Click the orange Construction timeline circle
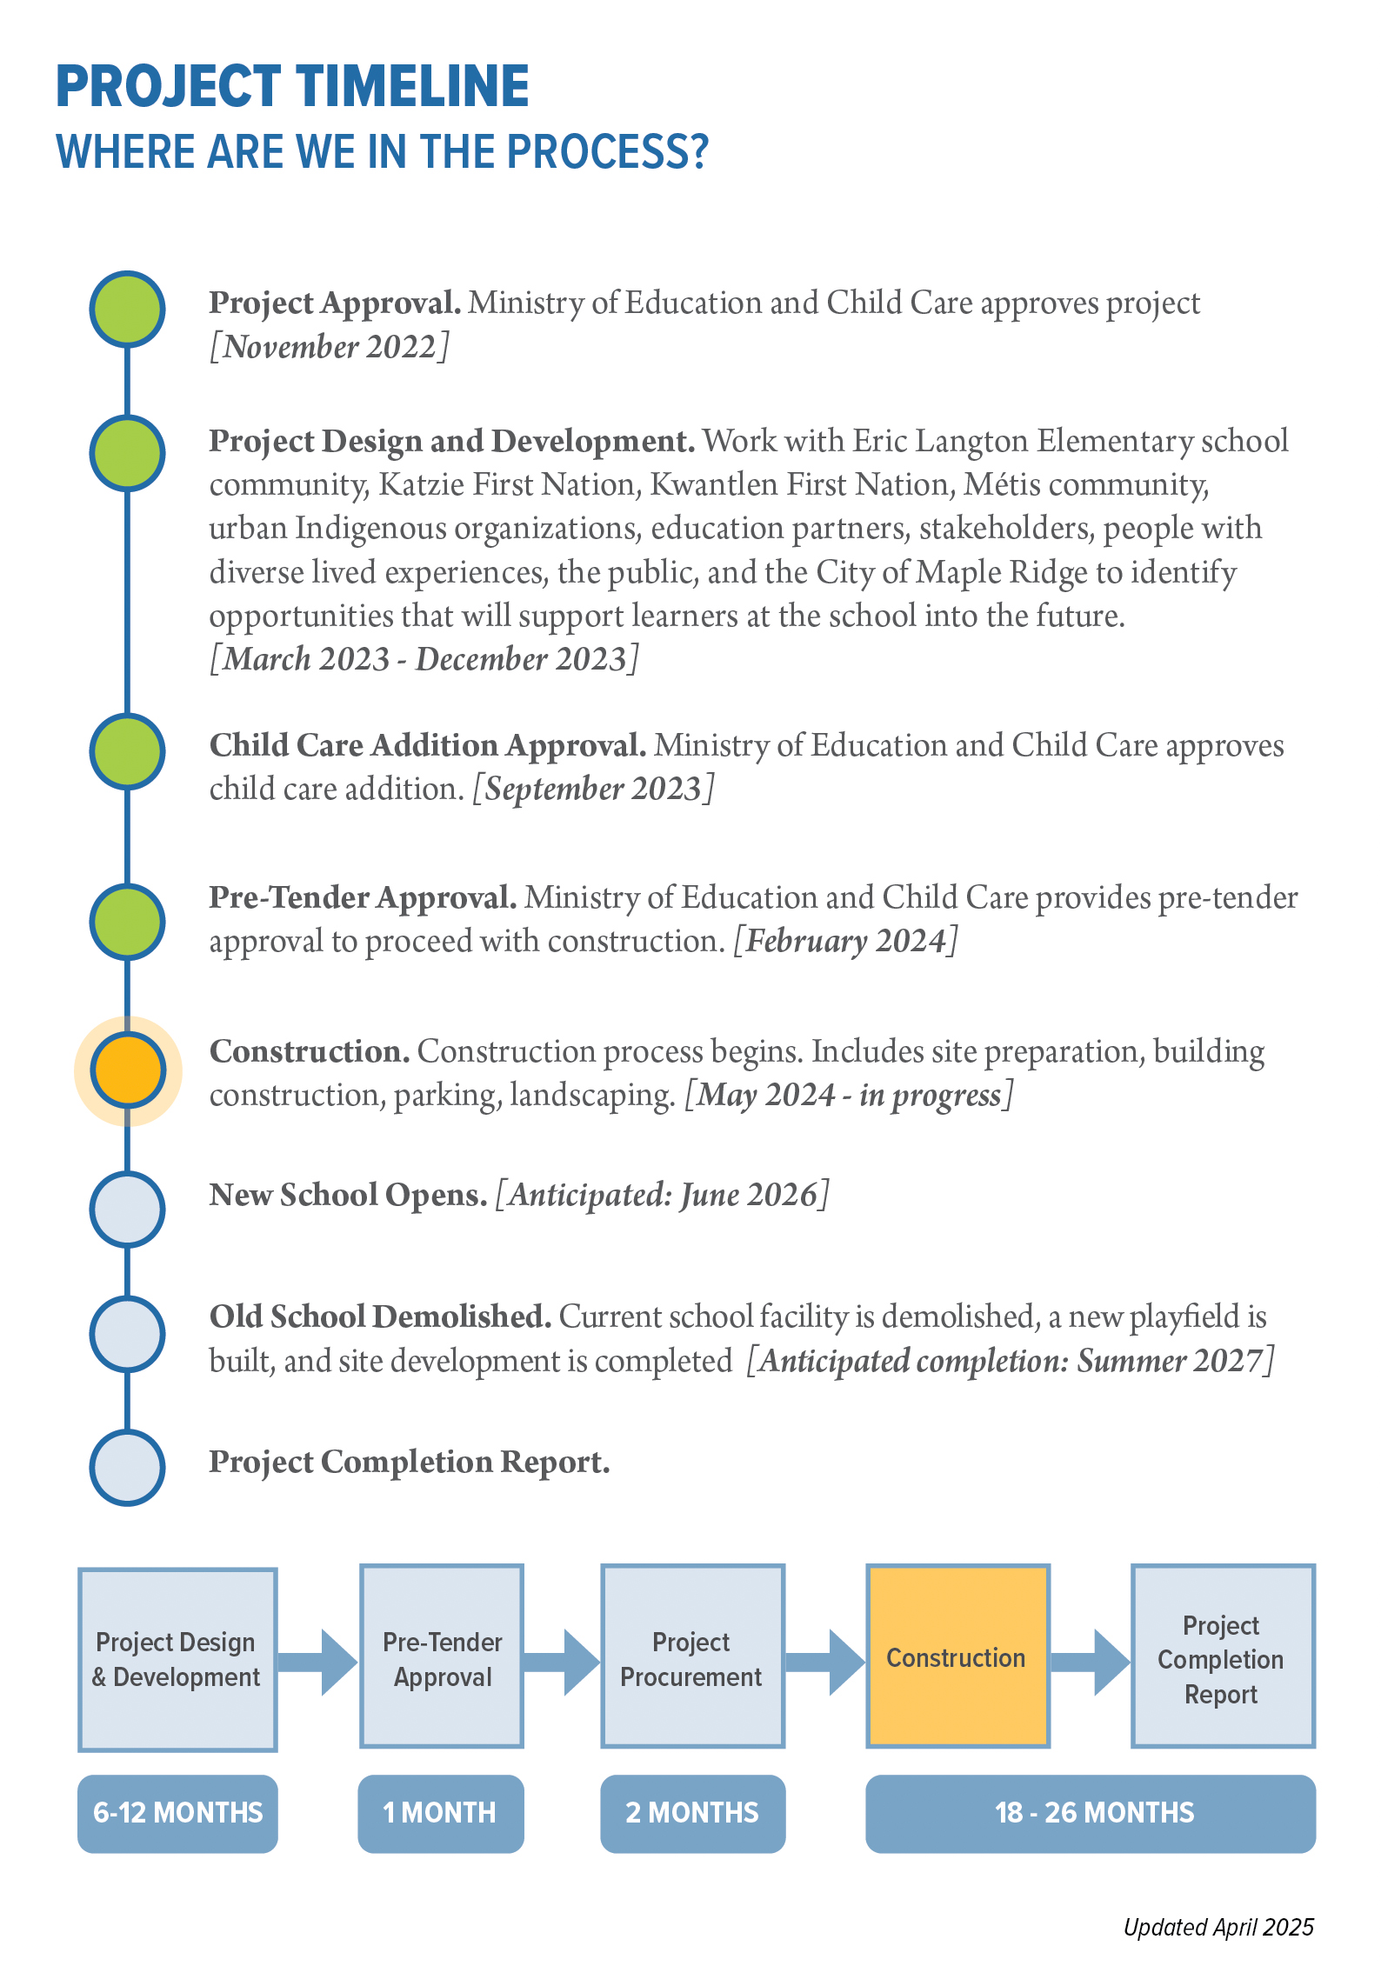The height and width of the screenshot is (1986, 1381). (x=128, y=1070)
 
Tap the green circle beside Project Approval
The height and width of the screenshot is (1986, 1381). (x=128, y=309)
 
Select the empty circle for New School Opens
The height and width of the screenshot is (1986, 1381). (x=128, y=1209)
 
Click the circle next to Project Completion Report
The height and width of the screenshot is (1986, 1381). (x=128, y=1467)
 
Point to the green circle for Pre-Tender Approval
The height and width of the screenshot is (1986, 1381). (x=128, y=922)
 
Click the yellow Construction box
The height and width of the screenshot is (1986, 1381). (x=957, y=1656)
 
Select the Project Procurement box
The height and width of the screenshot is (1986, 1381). (x=692, y=1656)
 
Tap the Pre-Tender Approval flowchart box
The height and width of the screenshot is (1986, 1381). (x=442, y=1656)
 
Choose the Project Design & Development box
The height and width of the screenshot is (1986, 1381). (x=177, y=1659)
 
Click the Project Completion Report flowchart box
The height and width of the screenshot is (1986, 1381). (x=1222, y=1656)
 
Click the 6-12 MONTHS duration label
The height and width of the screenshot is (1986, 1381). (x=177, y=1813)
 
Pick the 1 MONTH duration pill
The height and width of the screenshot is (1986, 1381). (x=440, y=1813)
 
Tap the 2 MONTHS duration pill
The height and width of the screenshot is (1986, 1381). (x=692, y=1813)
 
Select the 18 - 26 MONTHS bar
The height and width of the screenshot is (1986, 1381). (x=1091, y=1813)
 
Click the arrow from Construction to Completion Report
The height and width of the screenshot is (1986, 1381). (x=1091, y=1663)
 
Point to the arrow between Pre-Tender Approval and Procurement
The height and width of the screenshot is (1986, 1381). (x=562, y=1663)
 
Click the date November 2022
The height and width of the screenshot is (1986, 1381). (x=330, y=347)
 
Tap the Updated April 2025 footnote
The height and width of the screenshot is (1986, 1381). (x=1218, y=1928)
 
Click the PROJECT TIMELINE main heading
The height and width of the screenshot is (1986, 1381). (x=292, y=86)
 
